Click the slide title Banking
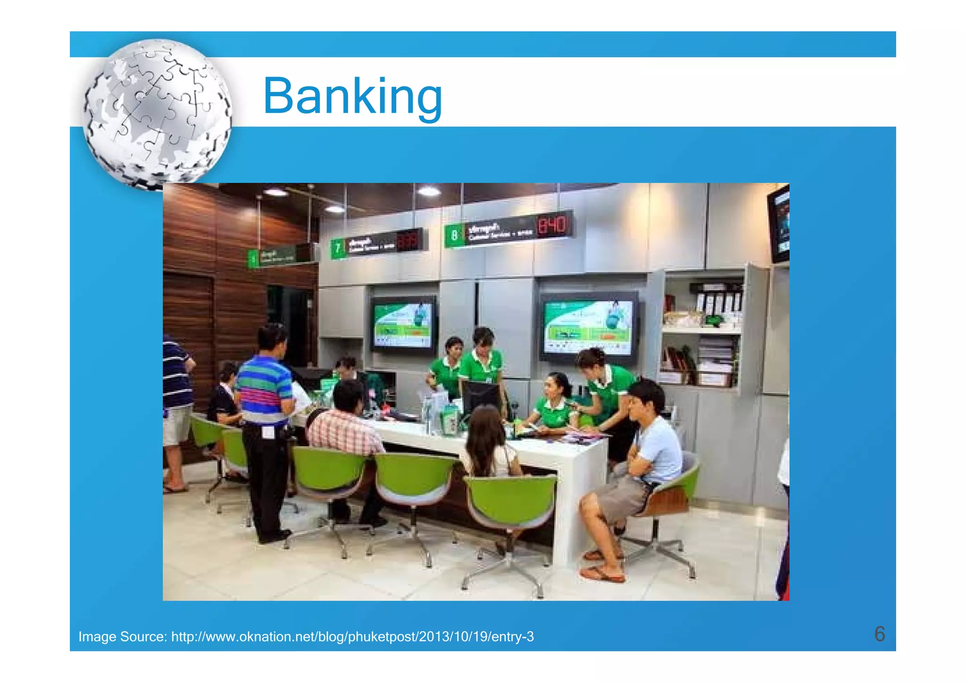[352, 97]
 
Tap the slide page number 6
[879, 634]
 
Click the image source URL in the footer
[352, 637]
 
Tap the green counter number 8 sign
[454, 235]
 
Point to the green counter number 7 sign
[338, 248]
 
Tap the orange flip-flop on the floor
[602, 574]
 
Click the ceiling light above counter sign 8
[428, 191]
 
